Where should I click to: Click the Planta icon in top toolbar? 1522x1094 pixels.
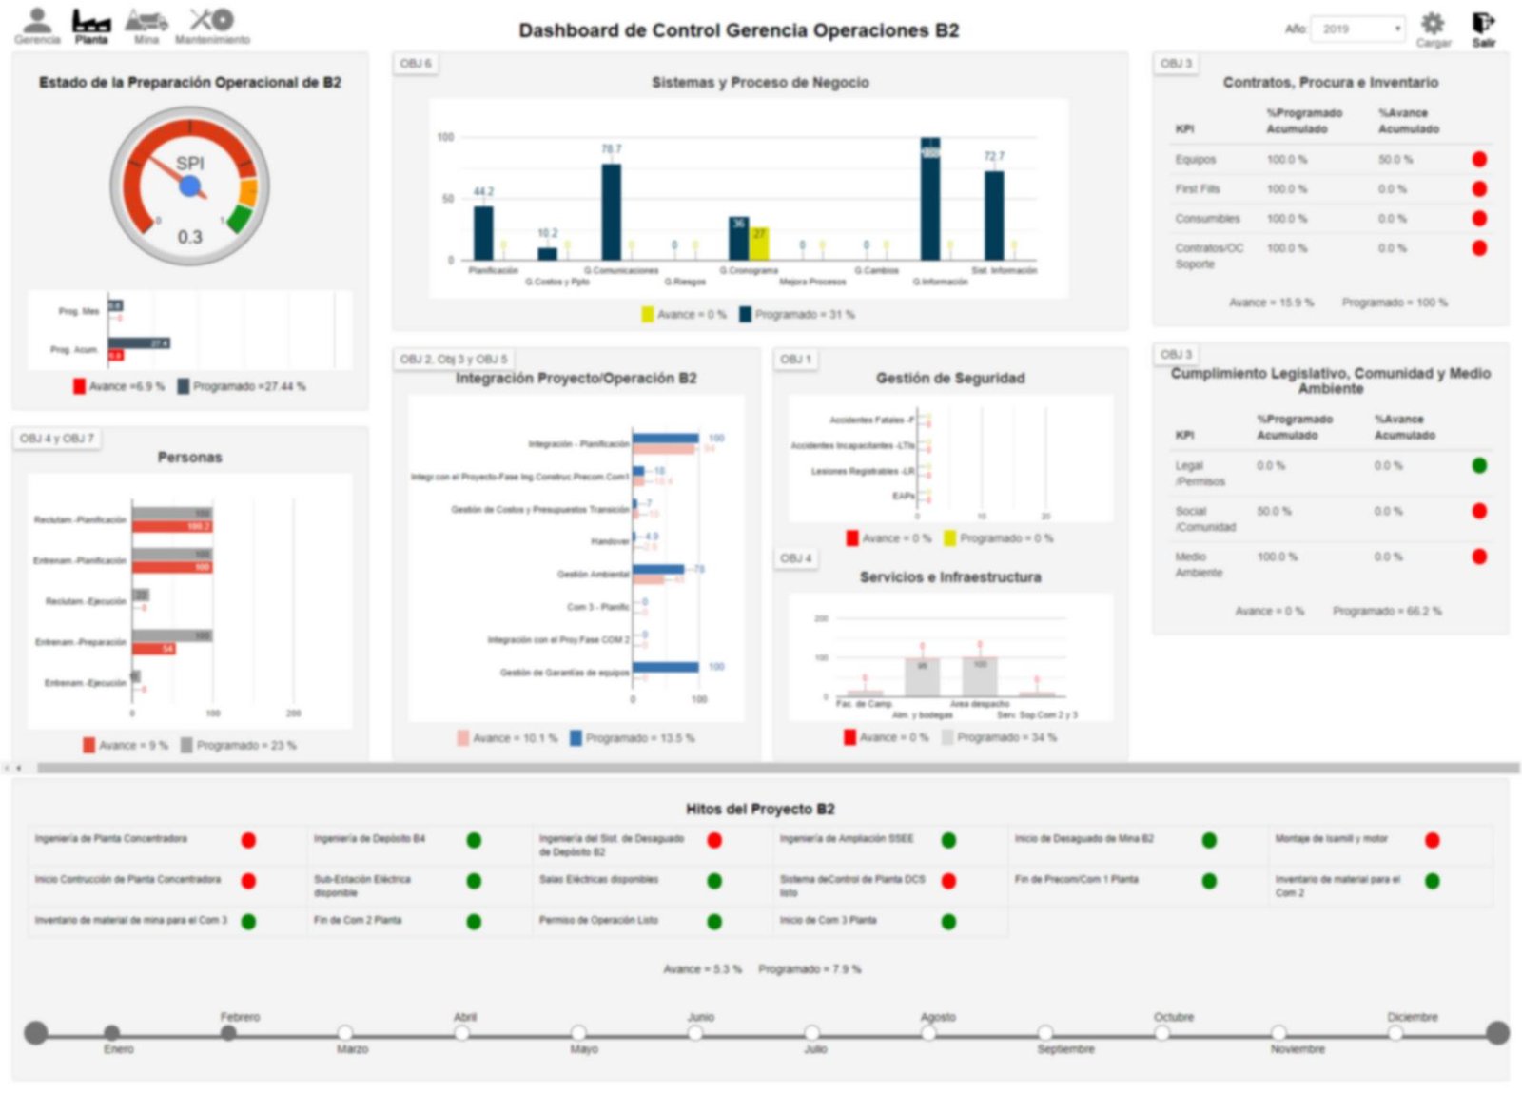tap(91, 25)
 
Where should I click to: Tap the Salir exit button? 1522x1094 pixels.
tap(1483, 26)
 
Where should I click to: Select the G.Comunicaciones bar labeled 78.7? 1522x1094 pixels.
tap(612, 212)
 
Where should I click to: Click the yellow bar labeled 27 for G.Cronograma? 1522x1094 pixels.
tap(759, 244)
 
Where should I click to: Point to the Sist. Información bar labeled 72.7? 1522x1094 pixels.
tap(994, 216)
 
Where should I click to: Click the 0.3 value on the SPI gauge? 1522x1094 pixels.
tap(190, 237)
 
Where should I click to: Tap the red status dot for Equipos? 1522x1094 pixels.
tap(1479, 160)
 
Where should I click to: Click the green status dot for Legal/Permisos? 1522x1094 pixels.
tap(1479, 466)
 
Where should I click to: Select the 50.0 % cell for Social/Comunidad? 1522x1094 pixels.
tap(1274, 512)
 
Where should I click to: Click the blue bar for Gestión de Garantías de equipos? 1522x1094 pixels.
tap(665, 667)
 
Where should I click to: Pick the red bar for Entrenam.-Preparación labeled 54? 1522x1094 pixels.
tap(153, 649)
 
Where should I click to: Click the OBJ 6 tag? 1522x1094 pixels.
tap(416, 64)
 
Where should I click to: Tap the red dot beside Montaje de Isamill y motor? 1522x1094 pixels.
tap(1432, 840)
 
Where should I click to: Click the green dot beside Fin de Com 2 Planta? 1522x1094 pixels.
tap(474, 922)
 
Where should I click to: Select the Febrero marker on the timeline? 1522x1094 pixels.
tap(228, 1033)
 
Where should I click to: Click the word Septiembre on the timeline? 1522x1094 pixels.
tap(1065, 1049)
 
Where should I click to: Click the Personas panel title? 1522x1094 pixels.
tap(189, 458)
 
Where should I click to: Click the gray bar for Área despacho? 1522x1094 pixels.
tap(980, 676)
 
